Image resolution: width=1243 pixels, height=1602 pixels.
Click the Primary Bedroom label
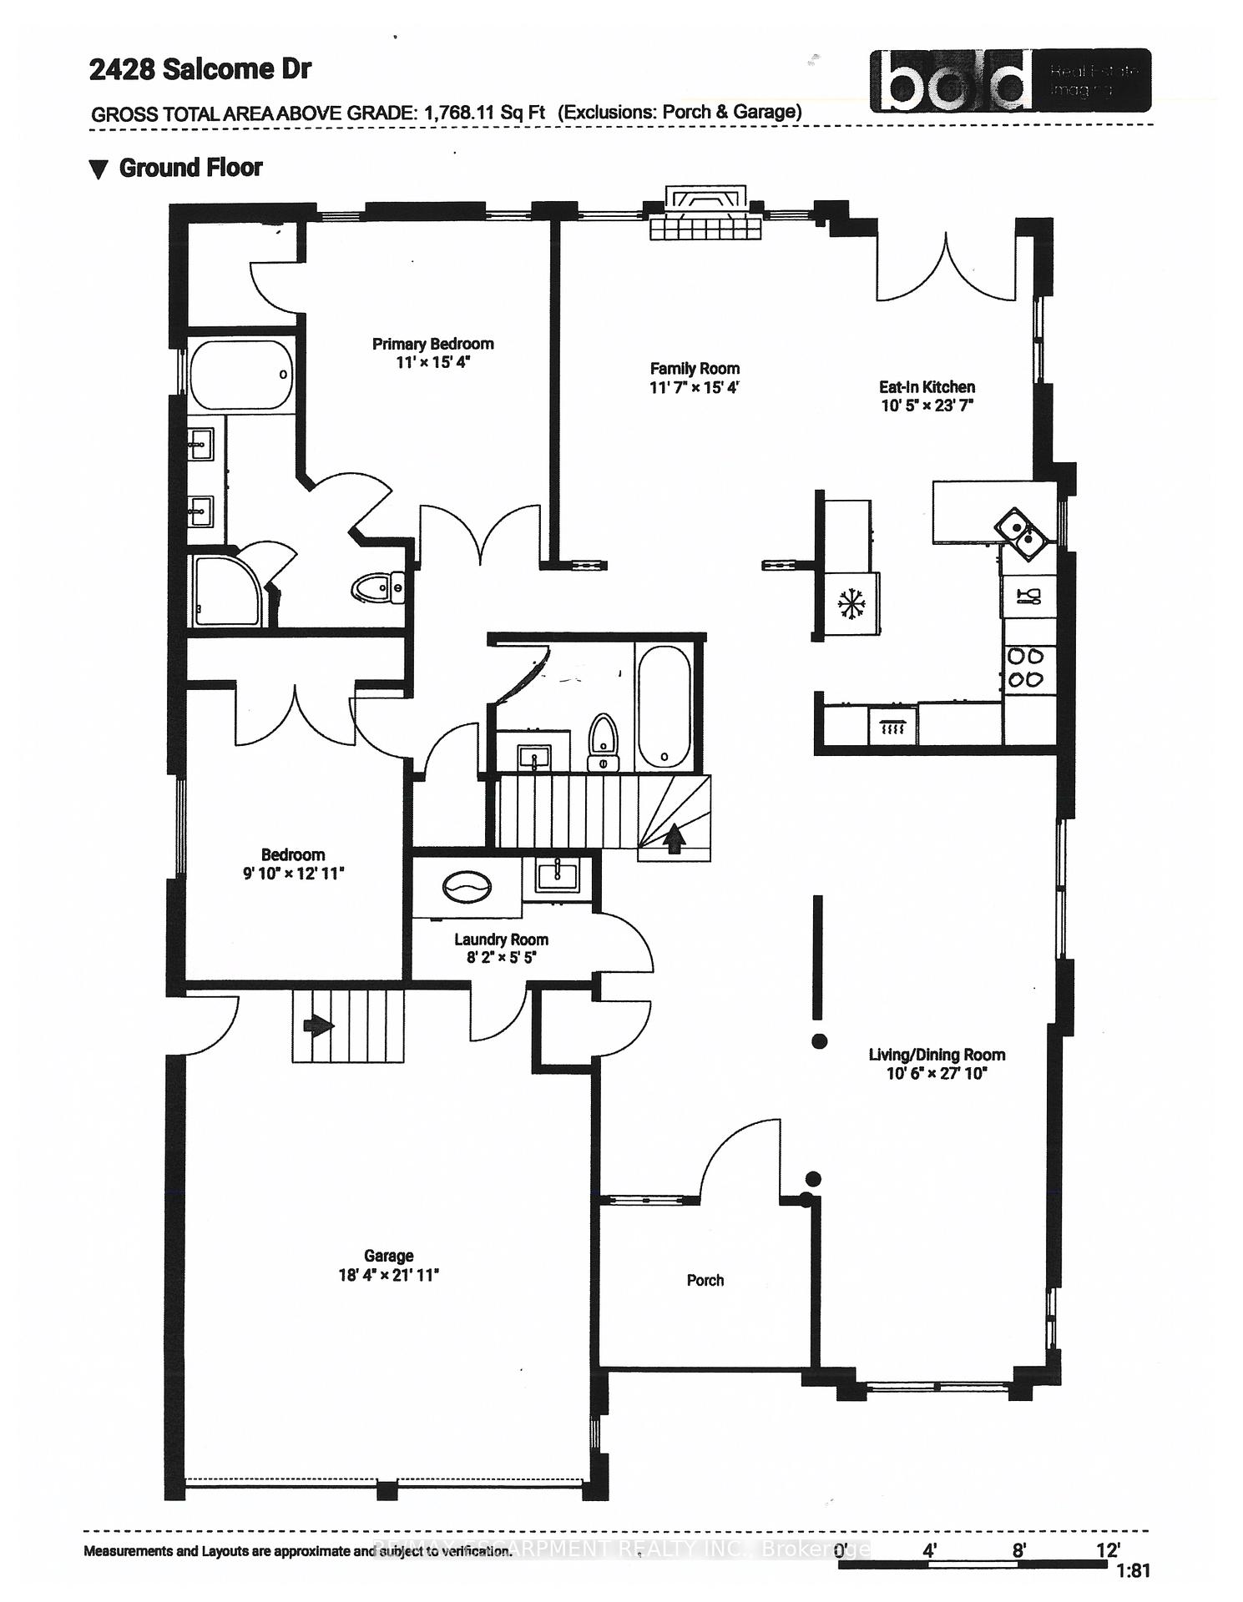point(432,344)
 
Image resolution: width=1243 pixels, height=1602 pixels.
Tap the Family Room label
point(695,368)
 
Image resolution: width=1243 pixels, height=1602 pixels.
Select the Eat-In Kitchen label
point(927,386)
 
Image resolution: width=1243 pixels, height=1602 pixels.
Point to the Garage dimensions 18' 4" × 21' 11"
point(389,1275)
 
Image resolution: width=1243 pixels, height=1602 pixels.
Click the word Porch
point(705,1280)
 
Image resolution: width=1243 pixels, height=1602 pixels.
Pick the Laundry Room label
point(501,940)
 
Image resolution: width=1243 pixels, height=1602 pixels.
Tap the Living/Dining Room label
point(937,1055)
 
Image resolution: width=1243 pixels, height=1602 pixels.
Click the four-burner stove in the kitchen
point(1026,668)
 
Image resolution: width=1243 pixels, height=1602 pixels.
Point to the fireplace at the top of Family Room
point(706,214)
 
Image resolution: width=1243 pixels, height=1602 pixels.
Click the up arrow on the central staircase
point(674,837)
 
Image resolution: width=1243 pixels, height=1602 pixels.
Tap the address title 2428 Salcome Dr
point(200,70)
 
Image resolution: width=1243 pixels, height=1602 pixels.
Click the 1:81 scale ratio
point(1133,1570)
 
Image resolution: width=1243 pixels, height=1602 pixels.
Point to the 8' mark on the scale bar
point(1018,1550)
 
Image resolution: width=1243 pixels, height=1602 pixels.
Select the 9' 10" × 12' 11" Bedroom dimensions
point(292,874)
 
